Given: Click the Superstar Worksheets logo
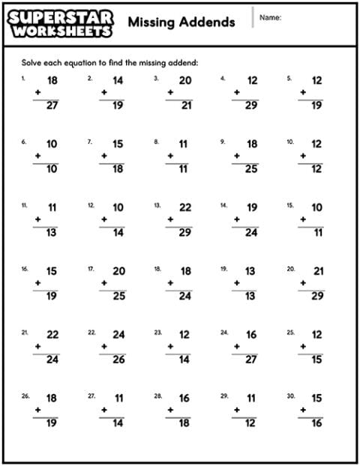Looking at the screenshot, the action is pyautogui.click(x=61, y=23).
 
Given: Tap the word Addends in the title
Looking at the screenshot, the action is pyautogui.click(x=207, y=22).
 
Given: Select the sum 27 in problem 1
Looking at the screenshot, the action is pyautogui.click(x=52, y=106).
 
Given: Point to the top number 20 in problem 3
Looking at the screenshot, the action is pyautogui.click(x=184, y=81).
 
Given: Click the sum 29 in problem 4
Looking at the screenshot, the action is pyautogui.click(x=250, y=106).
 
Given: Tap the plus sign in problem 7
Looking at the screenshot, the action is pyautogui.click(x=103, y=156).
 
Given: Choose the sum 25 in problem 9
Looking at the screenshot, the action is pyautogui.click(x=250, y=169).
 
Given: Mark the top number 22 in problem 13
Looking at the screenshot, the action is pyautogui.click(x=184, y=208).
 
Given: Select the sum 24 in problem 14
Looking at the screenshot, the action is pyautogui.click(x=250, y=232).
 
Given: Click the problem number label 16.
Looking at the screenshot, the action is pyautogui.click(x=25, y=267).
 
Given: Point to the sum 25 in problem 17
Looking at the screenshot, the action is pyautogui.click(x=118, y=296).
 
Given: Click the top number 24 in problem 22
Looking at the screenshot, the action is pyautogui.click(x=118, y=335).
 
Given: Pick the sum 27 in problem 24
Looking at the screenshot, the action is pyautogui.click(x=250, y=360).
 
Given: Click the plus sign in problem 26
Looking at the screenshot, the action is pyautogui.click(x=37, y=410).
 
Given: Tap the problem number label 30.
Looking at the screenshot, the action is pyautogui.click(x=290, y=395).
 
